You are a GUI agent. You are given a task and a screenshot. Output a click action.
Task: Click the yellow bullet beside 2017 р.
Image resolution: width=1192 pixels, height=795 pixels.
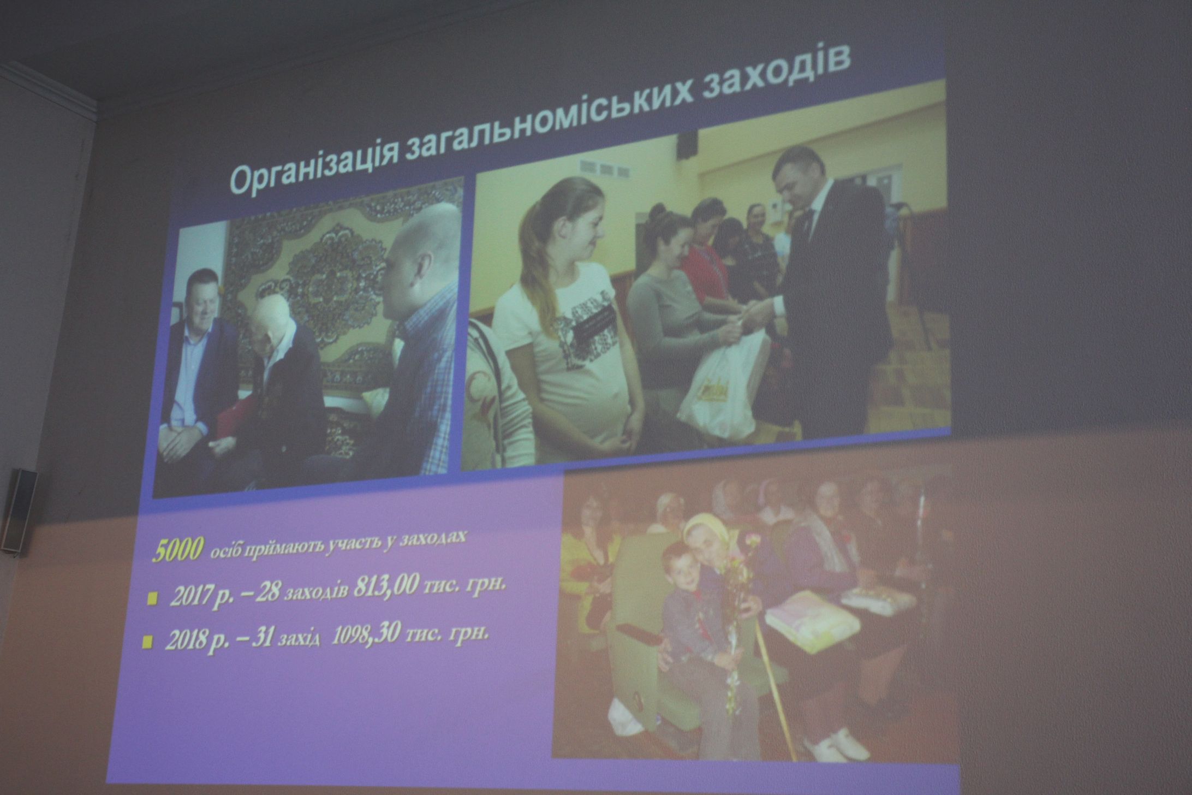(151, 600)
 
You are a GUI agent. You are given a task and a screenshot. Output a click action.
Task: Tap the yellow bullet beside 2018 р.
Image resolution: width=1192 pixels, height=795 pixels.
(146, 643)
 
